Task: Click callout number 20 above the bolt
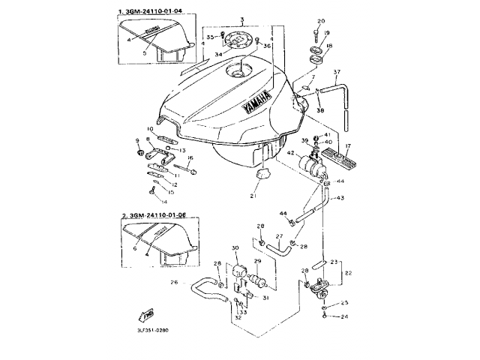click(320, 21)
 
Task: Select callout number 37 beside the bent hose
click(337, 73)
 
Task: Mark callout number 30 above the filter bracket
click(235, 247)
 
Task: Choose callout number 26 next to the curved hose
click(174, 283)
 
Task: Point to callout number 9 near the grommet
click(137, 139)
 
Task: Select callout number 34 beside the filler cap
click(219, 53)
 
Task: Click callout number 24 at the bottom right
click(344, 317)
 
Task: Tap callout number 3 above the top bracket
click(241, 17)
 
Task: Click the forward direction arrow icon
click(148, 314)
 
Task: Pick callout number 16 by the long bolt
click(190, 158)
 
